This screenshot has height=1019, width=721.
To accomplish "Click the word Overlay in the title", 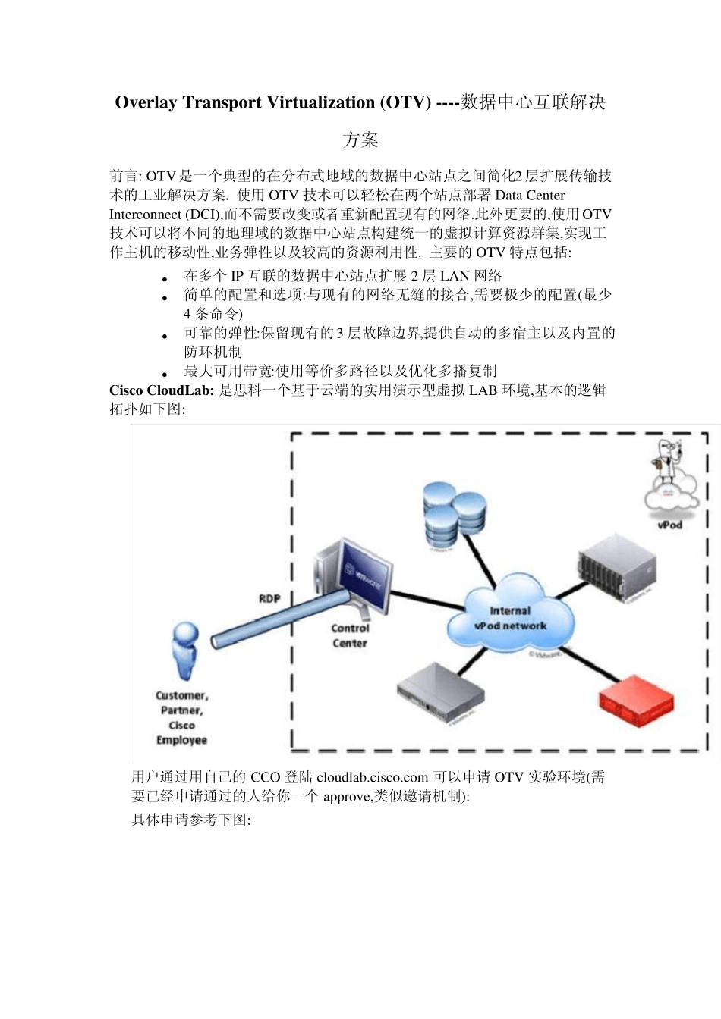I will click(x=146, y=103).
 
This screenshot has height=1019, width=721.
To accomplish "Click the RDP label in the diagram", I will click(x=269, y=599).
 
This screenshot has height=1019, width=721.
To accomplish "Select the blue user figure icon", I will click(x=185, y=651).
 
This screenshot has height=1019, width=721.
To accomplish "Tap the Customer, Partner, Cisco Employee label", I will click(x=181, y=717).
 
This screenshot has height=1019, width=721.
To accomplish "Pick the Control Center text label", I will click(x=350, y=635).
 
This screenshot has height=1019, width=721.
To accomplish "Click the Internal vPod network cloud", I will click(x=509, y=618).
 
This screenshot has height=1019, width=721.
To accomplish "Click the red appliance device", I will click(x=635, y=704).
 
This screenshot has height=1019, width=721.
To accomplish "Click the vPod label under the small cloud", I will click(x=669, y=525).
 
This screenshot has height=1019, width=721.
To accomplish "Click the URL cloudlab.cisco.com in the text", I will click(x=373, y=777).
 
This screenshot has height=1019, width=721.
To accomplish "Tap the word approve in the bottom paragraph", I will click(x=348, y=796).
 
